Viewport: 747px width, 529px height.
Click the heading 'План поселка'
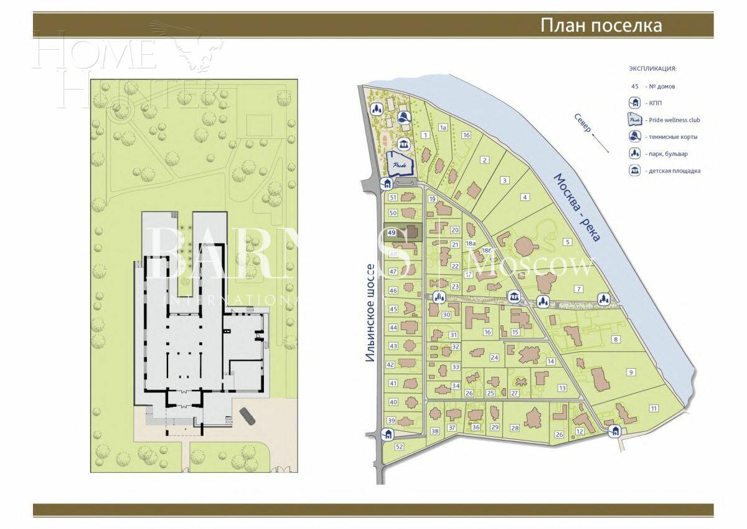point(601,26)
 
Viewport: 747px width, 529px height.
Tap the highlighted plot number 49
point(392,232)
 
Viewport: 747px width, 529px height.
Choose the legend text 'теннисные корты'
point(672,136)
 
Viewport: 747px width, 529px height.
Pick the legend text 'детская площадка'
point(673,170)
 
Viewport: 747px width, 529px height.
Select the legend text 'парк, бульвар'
point(667,153)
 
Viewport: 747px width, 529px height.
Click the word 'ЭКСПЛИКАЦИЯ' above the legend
point(652,69)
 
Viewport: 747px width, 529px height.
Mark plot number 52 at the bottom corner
point(400,447)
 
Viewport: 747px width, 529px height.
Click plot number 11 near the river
point(654,408)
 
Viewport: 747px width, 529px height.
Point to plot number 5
point(567,242)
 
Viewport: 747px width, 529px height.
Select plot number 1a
point(443,127)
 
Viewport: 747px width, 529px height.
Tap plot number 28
point(515,427)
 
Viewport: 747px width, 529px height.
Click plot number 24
point(494,358)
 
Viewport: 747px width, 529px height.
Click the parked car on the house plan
point(246,415)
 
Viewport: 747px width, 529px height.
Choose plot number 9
point(631,372)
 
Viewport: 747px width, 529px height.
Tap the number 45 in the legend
point(635,87)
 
